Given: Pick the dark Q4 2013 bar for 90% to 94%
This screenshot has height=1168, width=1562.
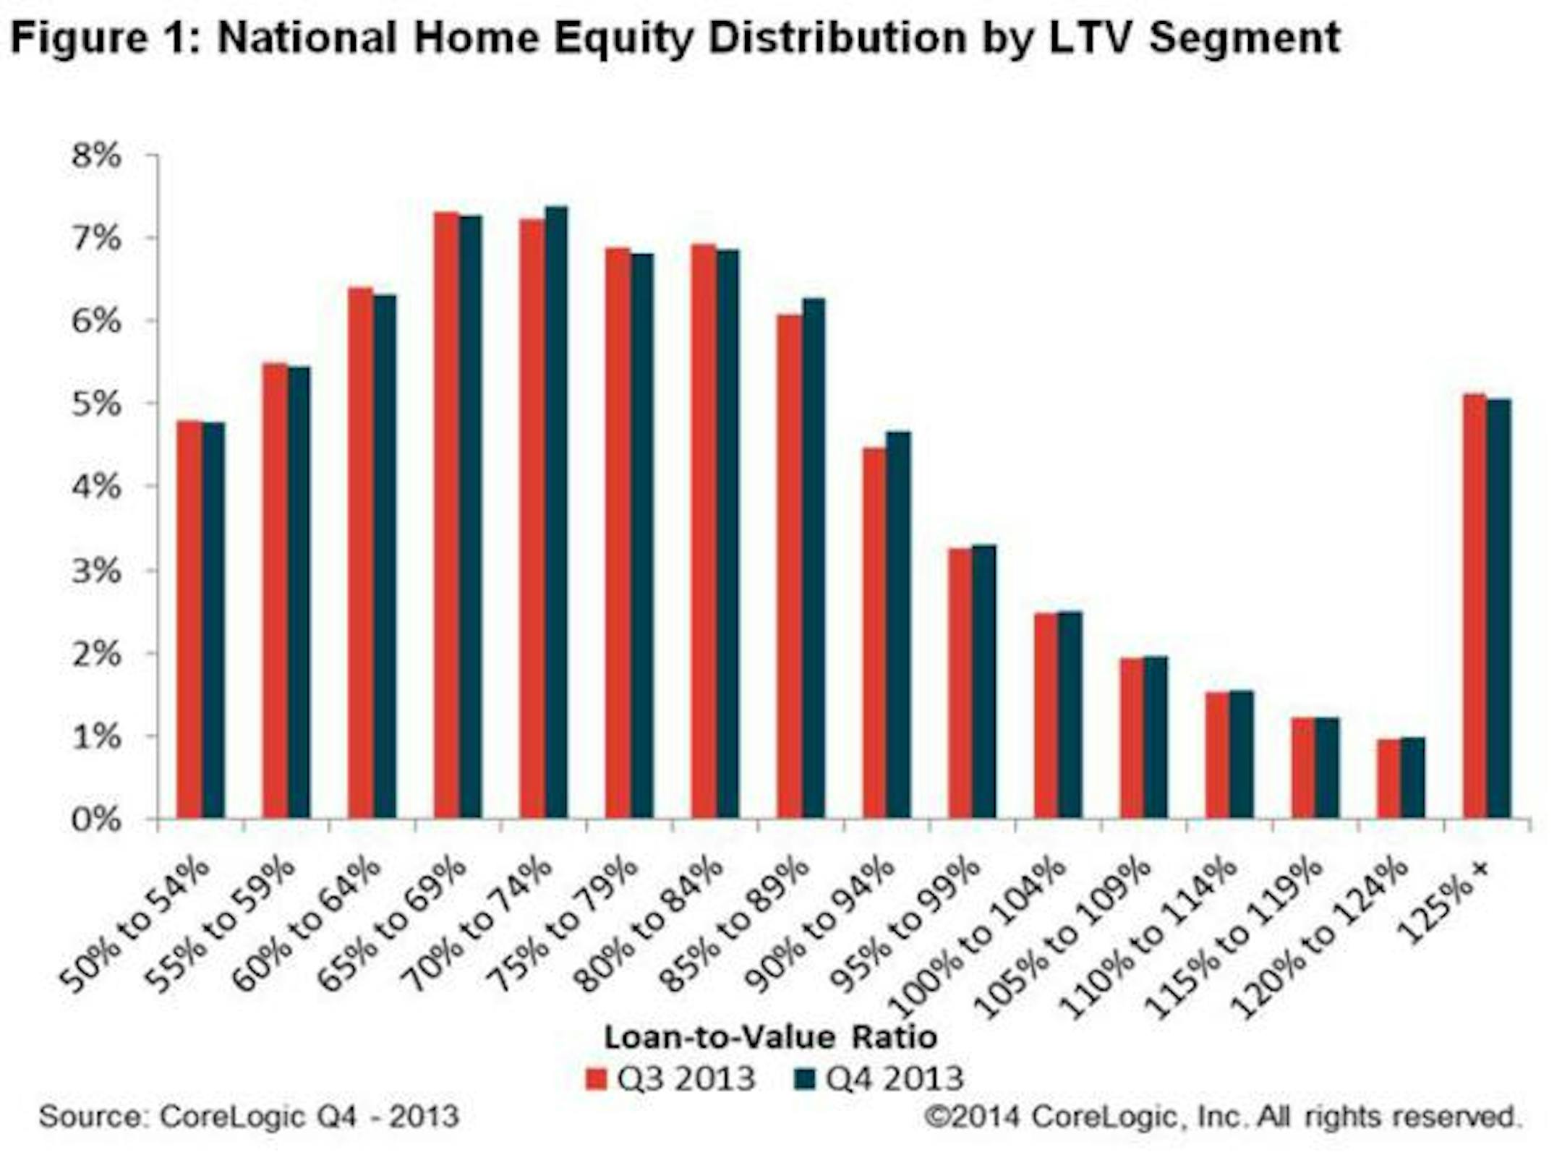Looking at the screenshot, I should coord(899,625).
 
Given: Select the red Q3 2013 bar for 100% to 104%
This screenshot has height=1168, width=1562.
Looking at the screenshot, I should coord(1046,715).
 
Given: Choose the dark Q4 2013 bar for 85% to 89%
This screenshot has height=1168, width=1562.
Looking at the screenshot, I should coord(814,558).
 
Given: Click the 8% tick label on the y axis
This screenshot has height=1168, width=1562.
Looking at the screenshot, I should coord(96,155).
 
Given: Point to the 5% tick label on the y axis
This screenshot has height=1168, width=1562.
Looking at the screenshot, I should coord(96,404).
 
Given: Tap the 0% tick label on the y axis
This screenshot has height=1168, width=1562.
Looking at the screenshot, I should coord(96,819).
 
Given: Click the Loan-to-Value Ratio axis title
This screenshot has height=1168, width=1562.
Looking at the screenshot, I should coord(771,1037).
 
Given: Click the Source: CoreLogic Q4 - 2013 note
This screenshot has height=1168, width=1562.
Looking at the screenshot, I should coord(249,1116).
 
